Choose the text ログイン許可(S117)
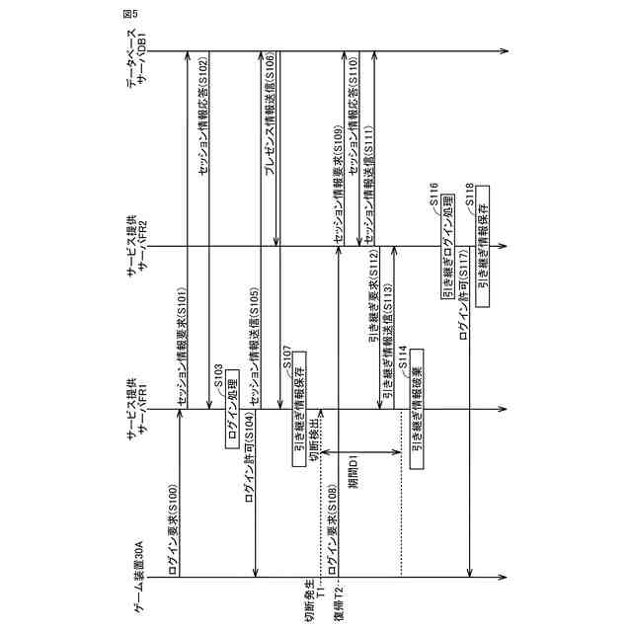[x=464, y=326]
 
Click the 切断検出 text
[x=315, y=444]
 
